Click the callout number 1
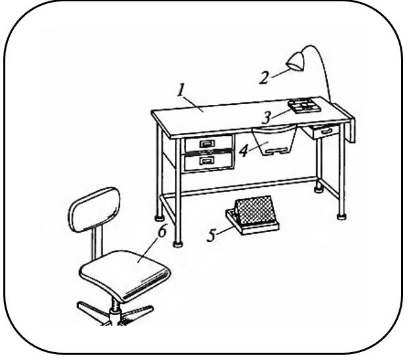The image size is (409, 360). tap(181, 90)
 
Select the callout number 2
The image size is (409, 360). tap(264, 78)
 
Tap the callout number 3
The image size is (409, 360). tap(267, 117)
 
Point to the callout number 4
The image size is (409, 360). tap(243, 151)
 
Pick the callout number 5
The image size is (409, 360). tap(212, 235)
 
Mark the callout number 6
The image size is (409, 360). tap(162, 231)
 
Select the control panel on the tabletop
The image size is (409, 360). tap(304, 105)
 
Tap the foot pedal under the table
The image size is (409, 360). tap(253, 215)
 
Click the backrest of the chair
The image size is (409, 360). tap(94, 210)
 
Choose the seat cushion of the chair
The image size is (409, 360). tap(125, 275)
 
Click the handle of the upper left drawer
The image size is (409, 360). tap(207, 143)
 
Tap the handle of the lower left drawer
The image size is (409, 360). tap(207, 160)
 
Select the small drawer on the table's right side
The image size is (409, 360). tap(326, 131)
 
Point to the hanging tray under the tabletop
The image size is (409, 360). tap(274, 140)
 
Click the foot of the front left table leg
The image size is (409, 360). tap(178, 244)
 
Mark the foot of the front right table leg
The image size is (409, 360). tap(342, 216)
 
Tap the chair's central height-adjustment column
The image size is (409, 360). tap(115, 310)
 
